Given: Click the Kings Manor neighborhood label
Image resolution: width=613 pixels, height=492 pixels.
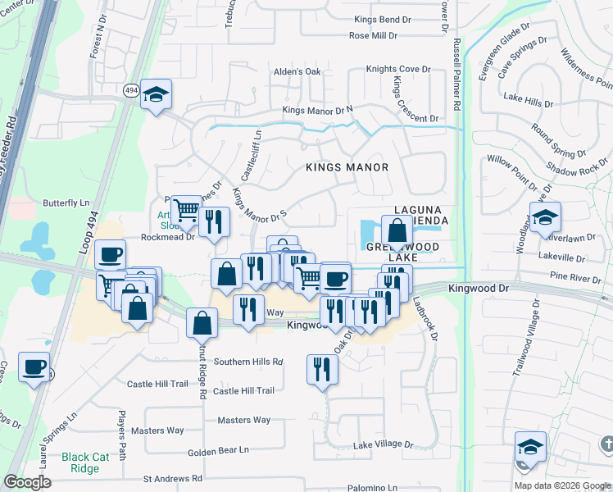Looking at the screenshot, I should point(347,167).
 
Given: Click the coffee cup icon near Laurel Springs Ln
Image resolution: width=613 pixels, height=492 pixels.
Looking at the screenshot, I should point(34,367).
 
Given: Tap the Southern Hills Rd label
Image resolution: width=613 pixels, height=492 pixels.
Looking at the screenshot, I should point(247,362).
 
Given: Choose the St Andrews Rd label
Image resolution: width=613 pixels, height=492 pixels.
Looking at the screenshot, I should point(172,478).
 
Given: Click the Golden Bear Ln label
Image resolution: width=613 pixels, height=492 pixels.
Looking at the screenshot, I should point(218,450).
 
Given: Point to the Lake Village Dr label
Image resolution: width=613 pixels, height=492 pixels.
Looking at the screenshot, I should point(383,444).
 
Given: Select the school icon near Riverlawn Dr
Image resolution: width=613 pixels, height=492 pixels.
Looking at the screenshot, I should point(545,217).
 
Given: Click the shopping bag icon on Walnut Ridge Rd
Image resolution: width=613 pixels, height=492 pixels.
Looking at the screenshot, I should point(202,323).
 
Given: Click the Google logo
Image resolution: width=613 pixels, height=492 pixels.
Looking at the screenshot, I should point(27,482).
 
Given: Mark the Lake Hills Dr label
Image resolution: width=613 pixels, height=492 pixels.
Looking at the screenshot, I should point(529,98).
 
